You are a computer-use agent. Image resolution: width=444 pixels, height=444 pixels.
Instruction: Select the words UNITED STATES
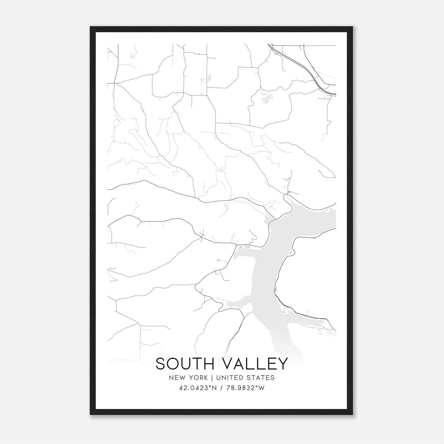(245, 377)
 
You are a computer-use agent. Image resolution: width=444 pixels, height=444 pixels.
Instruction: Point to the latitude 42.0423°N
(198, 388)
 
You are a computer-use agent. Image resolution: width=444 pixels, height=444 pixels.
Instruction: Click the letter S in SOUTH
(161, 364)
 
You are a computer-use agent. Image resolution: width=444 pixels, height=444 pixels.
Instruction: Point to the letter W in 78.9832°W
(262, 388)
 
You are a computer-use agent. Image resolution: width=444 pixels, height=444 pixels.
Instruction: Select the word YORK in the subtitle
(198, 377)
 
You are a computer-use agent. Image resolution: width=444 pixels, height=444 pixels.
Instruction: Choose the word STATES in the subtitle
(262, 377)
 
